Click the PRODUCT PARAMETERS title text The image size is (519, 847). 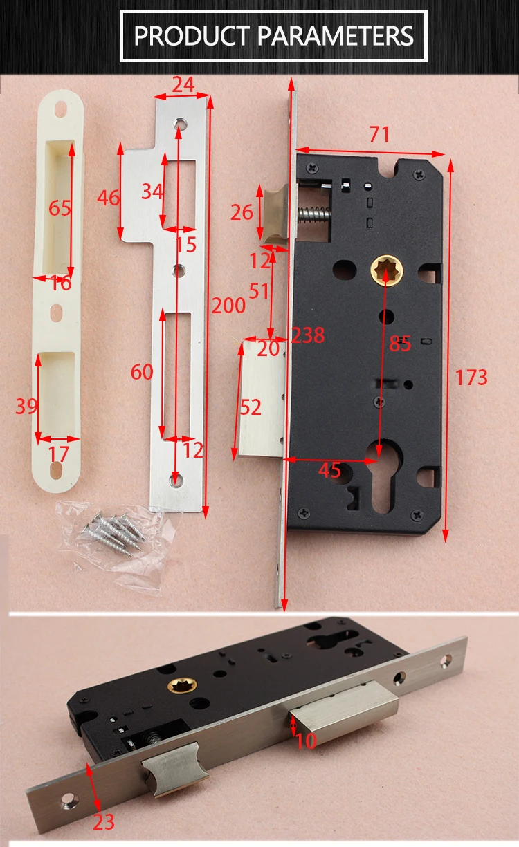(273, 35)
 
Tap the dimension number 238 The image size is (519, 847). (307, 335)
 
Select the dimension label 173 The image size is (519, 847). (471, 378)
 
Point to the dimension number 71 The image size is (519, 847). (379, 134)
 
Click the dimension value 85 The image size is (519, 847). (400, 344)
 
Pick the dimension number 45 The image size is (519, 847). (329, 470)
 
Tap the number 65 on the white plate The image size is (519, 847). (60, 207)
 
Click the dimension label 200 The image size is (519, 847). (228, 306)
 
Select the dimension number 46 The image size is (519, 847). (109, 198)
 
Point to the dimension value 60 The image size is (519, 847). (142, 372)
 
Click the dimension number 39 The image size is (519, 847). (26, 406)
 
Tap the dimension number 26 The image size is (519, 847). (242, 212)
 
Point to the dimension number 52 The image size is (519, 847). (251, 408)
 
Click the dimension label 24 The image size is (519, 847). (183, 84)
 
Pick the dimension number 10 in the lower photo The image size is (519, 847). (306, 741)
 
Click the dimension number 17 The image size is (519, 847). (59, 454)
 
